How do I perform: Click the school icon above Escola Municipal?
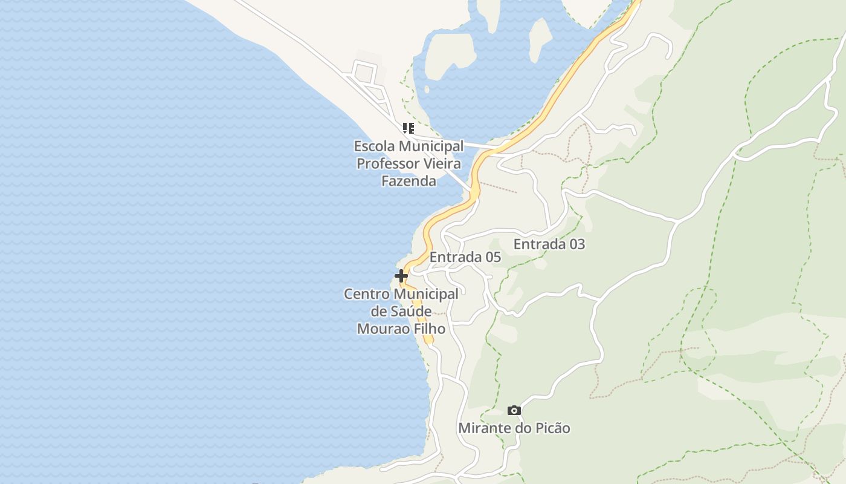tap(408, 128)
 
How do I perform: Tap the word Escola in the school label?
tap(373, 146)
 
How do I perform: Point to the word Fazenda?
tap(408, 181)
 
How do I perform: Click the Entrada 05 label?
tap(465, 257)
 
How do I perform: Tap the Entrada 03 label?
tap(549, 244)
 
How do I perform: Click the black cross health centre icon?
tap(401, 276)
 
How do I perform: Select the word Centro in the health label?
tap(366, 295)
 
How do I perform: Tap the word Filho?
tap(428, 329)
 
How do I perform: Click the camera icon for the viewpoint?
tap(514, 411)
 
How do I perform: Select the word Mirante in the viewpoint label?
tap(482, 428)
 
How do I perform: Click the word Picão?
tap(551, 428)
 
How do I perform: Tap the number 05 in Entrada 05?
tap(492, 257)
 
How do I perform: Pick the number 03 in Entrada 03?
tap(576, 244)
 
